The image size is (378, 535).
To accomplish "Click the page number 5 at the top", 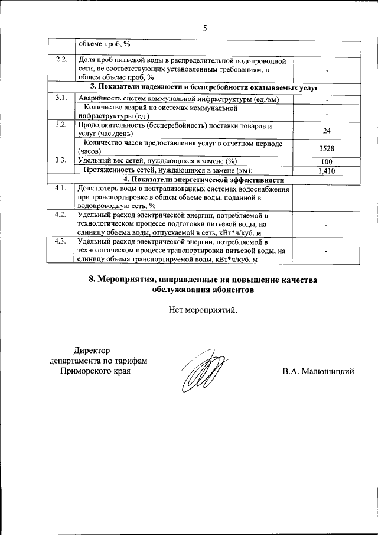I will coord(204,27).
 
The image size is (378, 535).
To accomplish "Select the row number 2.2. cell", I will coord(61,60).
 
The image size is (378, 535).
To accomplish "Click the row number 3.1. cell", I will coord(61,98).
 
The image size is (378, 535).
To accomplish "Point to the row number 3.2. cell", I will coord(61,125).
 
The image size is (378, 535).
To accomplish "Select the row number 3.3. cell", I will coord(61,161).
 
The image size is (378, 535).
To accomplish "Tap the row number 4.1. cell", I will coord(61,189).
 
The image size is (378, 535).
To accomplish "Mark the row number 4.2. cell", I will coord(61,215).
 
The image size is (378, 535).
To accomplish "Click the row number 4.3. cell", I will coord(61,242).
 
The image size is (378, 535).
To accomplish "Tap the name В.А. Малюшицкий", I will coord(318,372).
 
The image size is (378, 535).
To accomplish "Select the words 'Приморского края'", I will coord(95,372).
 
